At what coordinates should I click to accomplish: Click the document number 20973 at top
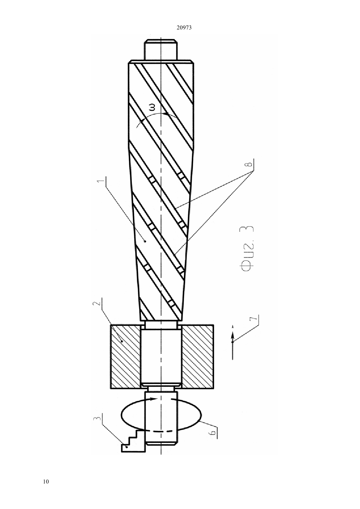tap(184, 28)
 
